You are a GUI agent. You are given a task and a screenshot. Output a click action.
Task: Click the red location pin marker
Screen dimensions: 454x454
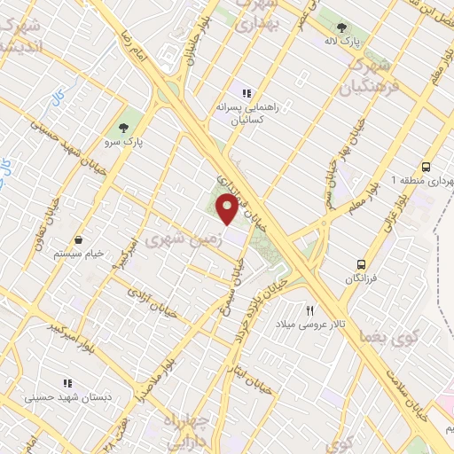point(227,209)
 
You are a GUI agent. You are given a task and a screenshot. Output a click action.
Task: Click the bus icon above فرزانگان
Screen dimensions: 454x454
point(361,263)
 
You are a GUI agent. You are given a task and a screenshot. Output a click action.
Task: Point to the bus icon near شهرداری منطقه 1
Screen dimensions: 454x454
point(427,166)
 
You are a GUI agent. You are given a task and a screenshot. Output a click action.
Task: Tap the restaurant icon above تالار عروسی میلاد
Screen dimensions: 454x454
point(310,310)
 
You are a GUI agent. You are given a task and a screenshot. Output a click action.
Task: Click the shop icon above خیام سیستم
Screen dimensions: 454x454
point(79,239)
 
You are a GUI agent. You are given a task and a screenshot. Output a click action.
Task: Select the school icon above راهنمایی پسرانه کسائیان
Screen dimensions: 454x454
point(247,92)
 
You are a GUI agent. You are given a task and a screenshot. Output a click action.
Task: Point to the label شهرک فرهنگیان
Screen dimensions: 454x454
point(367,75)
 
